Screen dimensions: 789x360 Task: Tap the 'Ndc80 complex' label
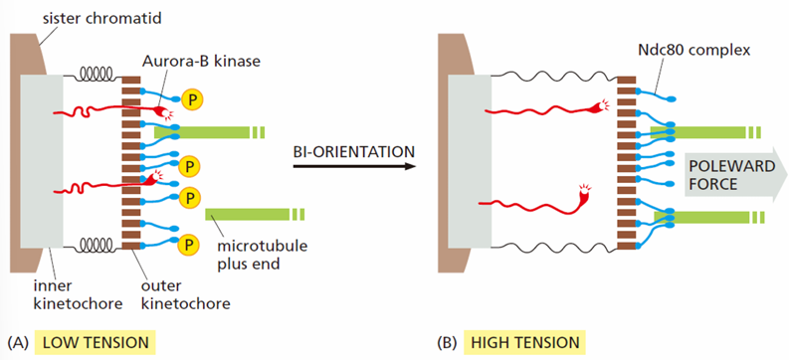(696, 51)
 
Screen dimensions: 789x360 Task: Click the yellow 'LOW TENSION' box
(96, 342)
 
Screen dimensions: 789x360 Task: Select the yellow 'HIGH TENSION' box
(525, 342)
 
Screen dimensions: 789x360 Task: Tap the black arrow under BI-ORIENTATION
(354, 166)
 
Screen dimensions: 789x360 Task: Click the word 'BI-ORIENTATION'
(354, 150)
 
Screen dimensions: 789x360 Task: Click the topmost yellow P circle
(192, 99)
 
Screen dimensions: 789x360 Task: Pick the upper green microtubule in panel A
(209, 132)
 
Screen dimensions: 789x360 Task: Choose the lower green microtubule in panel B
(709, 217)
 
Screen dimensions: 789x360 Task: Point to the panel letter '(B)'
(447, 343)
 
